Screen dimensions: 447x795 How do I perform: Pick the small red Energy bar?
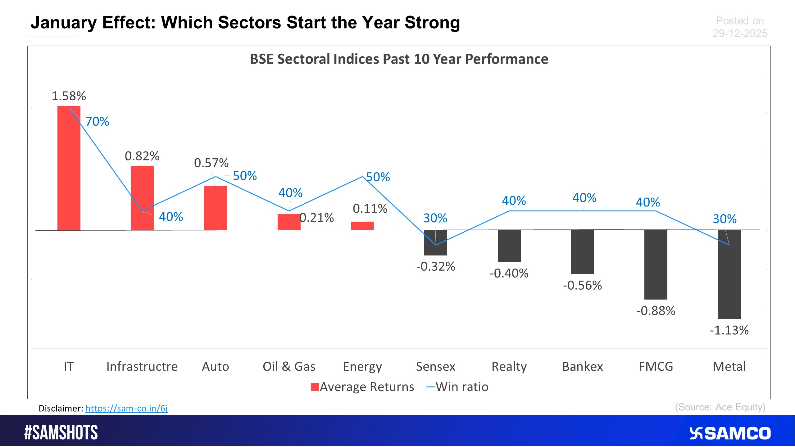362,226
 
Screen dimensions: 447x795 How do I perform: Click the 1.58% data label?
69,96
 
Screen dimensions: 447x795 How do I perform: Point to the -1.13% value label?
729,330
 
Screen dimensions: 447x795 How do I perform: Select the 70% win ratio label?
97,121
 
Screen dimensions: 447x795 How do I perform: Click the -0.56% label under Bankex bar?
582,285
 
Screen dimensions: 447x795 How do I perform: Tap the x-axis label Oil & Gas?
289,367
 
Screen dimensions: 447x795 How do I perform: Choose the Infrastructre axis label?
142,367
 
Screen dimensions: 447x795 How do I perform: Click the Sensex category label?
435,367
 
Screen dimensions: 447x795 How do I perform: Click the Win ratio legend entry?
457,387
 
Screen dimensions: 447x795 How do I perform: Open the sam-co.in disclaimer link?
126,408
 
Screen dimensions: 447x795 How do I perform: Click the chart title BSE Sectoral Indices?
399,59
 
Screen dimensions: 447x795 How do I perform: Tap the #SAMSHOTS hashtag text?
61,432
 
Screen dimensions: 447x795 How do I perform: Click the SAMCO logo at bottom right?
730,433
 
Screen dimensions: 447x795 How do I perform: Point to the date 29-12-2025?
740,33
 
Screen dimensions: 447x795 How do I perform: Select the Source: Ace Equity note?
720,407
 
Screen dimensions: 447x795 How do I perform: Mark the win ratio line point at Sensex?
436,245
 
